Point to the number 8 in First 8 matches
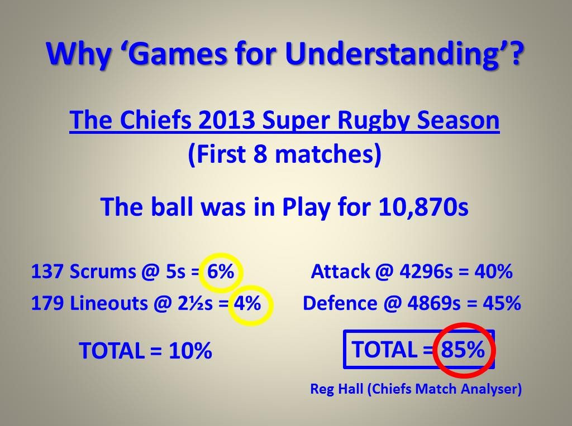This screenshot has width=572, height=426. [260, 154]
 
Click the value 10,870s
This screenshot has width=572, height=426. [423, 207]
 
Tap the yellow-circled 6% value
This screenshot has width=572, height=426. [221, 272]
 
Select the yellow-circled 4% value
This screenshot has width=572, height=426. [247, 303]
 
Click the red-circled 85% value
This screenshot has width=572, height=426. [463, 349]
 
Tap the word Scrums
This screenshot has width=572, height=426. [103, 272]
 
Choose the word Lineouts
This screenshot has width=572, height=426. [108, 303]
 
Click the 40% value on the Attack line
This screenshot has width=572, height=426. [494, 272]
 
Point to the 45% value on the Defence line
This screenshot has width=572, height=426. [502, 303]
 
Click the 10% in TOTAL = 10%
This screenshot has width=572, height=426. [190, 351]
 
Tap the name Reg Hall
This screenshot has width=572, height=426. [337, 389]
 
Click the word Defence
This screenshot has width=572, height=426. [340, 303]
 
